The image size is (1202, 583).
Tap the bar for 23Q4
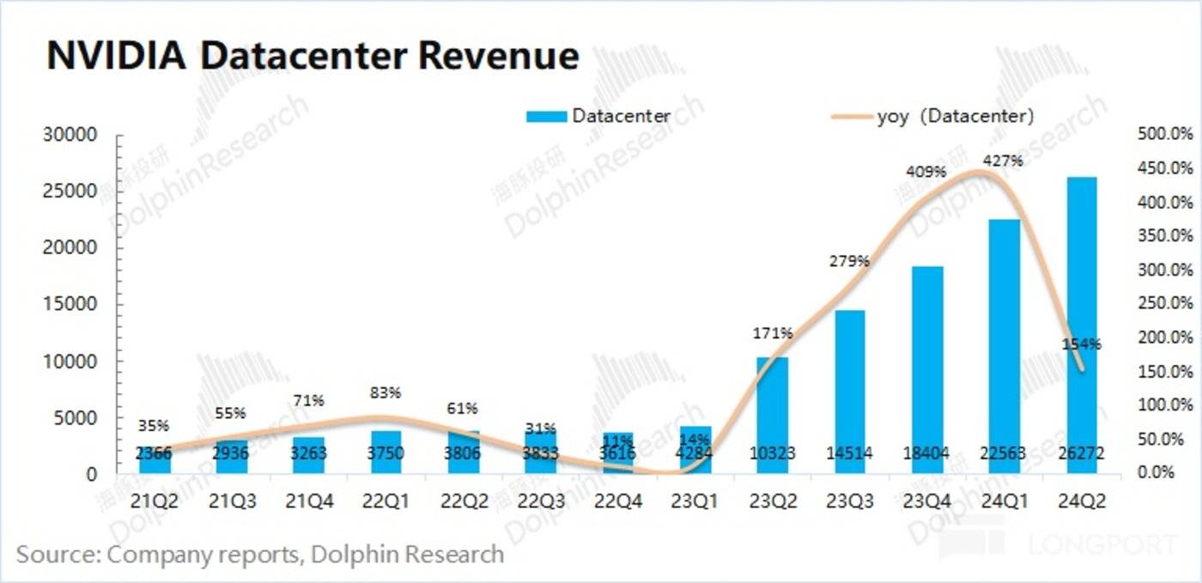927,369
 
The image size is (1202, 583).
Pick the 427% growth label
1005,161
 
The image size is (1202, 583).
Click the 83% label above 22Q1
385,393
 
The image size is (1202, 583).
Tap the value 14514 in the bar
849,455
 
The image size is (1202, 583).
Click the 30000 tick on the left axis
72,135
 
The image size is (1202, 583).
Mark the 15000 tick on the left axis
72,305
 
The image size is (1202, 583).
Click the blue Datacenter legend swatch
543,116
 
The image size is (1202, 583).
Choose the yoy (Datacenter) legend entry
953,116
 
